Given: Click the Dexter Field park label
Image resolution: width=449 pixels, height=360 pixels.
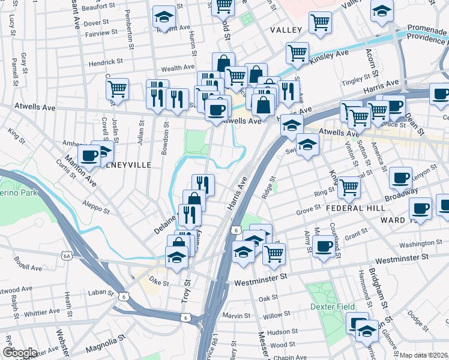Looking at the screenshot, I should click(329, 306).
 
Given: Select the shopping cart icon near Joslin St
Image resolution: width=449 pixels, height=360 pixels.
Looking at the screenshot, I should click(118, 89).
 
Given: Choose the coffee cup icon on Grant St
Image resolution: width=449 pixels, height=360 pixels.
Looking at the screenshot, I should click(324, 245).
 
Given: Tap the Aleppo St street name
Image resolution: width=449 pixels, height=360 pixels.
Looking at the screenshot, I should click(97, 207).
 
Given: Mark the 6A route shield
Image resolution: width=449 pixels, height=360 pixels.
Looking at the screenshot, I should click(67, 256).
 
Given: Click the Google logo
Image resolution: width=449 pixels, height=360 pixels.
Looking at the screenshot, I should click(19, 353).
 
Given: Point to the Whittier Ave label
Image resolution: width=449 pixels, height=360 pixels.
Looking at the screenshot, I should click(43, 313).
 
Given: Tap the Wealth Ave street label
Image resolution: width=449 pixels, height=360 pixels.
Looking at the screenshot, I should click(178, 68).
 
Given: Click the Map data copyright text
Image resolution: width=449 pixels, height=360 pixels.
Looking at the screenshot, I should click(423, 355).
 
